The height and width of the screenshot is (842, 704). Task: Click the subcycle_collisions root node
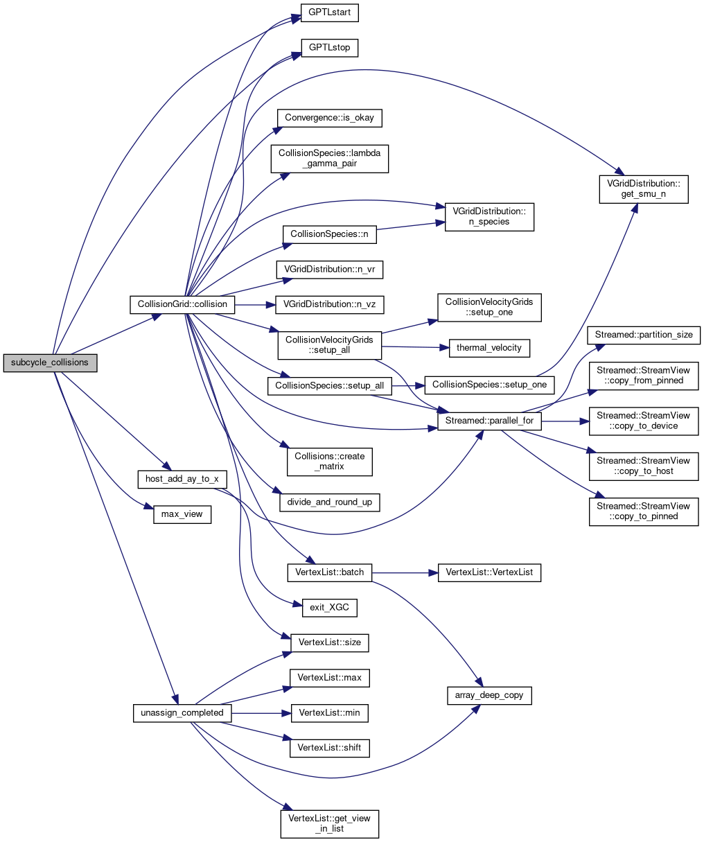point(50,362)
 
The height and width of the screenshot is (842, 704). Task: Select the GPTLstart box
point(329,13)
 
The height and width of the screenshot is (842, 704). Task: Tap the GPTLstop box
point(329,49)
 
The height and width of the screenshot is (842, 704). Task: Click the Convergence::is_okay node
point(329,118)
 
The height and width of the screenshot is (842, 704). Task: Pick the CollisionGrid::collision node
point(183,304)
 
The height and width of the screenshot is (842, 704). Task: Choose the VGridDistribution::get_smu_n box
point(644,189)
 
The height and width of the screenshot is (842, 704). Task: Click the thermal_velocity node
point(489,348)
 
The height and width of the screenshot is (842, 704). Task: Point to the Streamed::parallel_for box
point(489,421)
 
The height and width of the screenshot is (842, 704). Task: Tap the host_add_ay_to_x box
point(182,479)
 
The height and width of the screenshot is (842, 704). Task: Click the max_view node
point(182,514)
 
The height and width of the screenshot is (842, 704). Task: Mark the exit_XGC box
point(329,608)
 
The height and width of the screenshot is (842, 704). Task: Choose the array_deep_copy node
point(489,695)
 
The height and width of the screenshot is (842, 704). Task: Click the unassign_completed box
point(182,713)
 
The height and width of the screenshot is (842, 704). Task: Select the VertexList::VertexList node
point(489,573)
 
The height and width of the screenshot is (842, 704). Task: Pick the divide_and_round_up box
point(329,502)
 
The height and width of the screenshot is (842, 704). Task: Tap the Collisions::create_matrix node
point(329,462)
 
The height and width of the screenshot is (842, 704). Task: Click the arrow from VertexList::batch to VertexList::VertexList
point(405,573)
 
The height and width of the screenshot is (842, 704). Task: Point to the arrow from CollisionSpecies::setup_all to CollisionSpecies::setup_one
point(409,385)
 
